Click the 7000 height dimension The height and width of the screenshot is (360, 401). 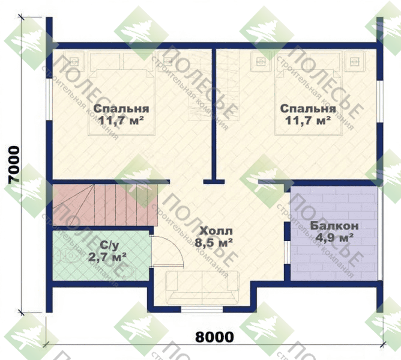[x=14, y=165]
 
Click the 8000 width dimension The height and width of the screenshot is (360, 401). [x=214, y=337]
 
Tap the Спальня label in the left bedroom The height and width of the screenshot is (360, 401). [x=121, y=109]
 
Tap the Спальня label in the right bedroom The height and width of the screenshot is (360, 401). [x=308, y=109]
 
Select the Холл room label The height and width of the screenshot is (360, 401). [x=216, y=231]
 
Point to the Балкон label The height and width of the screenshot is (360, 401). [x=334, y=226]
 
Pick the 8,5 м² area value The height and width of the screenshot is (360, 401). [x=214, y=242]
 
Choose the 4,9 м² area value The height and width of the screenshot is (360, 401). [x=334, y=238]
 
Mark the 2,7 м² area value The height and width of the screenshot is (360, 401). [x=107, y=257]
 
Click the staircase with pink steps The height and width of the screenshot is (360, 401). [x=105, y=205]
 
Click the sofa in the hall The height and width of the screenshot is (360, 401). [x=202, y=287]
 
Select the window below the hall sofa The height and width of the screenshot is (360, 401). [x=202, y=310]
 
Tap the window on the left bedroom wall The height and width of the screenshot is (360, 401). [x=49, y=99]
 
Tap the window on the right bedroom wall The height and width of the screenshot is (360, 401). [x=380, y=102]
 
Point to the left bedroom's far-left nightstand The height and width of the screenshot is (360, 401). [x=74, y=61]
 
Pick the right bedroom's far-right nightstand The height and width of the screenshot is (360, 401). [x=354, y=61]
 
